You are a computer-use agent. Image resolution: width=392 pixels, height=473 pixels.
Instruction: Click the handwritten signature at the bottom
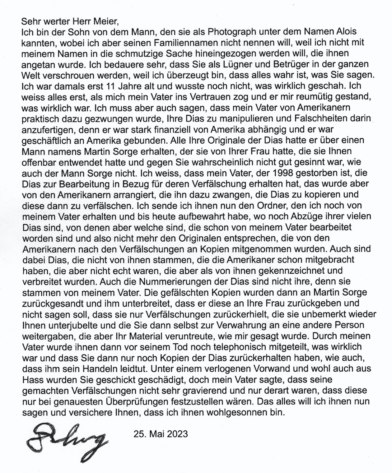coord(67,440)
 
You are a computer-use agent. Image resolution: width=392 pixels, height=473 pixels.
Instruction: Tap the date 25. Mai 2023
coord(160,434)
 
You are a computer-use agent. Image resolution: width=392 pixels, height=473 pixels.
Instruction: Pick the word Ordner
coord(269,205)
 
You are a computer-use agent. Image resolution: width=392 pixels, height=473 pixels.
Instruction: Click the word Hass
coord(32,380)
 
